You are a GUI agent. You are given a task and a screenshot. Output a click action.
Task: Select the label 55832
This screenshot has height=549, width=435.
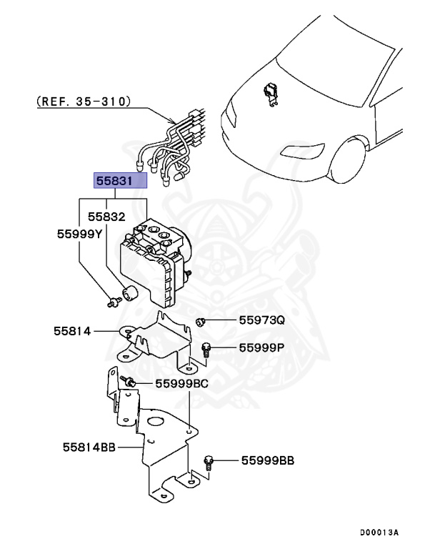pyautogui.click(x=106, y=216)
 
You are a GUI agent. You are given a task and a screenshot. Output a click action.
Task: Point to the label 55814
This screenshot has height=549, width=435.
pyautogui.click(x=71, y=331)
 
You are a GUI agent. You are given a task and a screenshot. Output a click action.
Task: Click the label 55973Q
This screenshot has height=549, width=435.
pyautogui.click(x=261, y=321)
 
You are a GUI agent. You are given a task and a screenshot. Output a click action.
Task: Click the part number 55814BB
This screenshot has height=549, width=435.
pyautogui.click(x=89, y=447)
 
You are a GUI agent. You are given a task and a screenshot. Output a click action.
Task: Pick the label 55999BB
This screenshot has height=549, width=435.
pyautogui.click(x=267, y=461)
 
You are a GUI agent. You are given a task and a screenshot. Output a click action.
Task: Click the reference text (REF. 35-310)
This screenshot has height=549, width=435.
pyautogui.click(x=84, y=102)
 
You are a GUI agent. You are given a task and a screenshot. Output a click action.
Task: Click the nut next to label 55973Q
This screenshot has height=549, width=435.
pyautogui.click(x=202, y=322)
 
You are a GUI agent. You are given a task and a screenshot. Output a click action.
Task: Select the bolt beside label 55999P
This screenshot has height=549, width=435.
pyautogui.click(x=206, y=348)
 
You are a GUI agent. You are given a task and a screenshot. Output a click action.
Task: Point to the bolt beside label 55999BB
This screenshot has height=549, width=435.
pyautogui.click(x=209, y=462)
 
